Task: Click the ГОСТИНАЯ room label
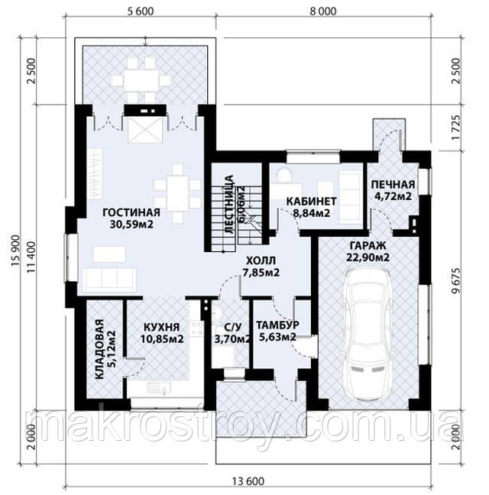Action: click(x=131, y=212)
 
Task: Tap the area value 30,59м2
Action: click(x=131, y=224)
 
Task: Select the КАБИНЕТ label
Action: click(x=311, y=201)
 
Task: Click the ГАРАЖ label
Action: click(x=368, y=245)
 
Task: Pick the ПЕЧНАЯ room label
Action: click(x=393, y=184)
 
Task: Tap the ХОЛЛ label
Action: click(x=261, y=260)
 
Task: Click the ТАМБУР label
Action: click(x=277, y=325)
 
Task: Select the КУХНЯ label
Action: click(x=162, y=327)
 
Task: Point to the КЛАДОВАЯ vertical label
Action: click(x=99, y=349)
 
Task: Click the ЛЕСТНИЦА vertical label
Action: click(x=229, y=204)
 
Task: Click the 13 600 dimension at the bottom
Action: click(x=248, y=482)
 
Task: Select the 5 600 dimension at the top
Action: click(x=141, y=11)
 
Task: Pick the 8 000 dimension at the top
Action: click(x=323, y=11)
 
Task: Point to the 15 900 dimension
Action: click(x=16, y=251)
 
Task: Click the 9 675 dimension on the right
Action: click(x=455, y=281)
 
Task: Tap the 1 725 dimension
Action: click(x=455, y=128)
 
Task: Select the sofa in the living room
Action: click(x=110, y=280)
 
